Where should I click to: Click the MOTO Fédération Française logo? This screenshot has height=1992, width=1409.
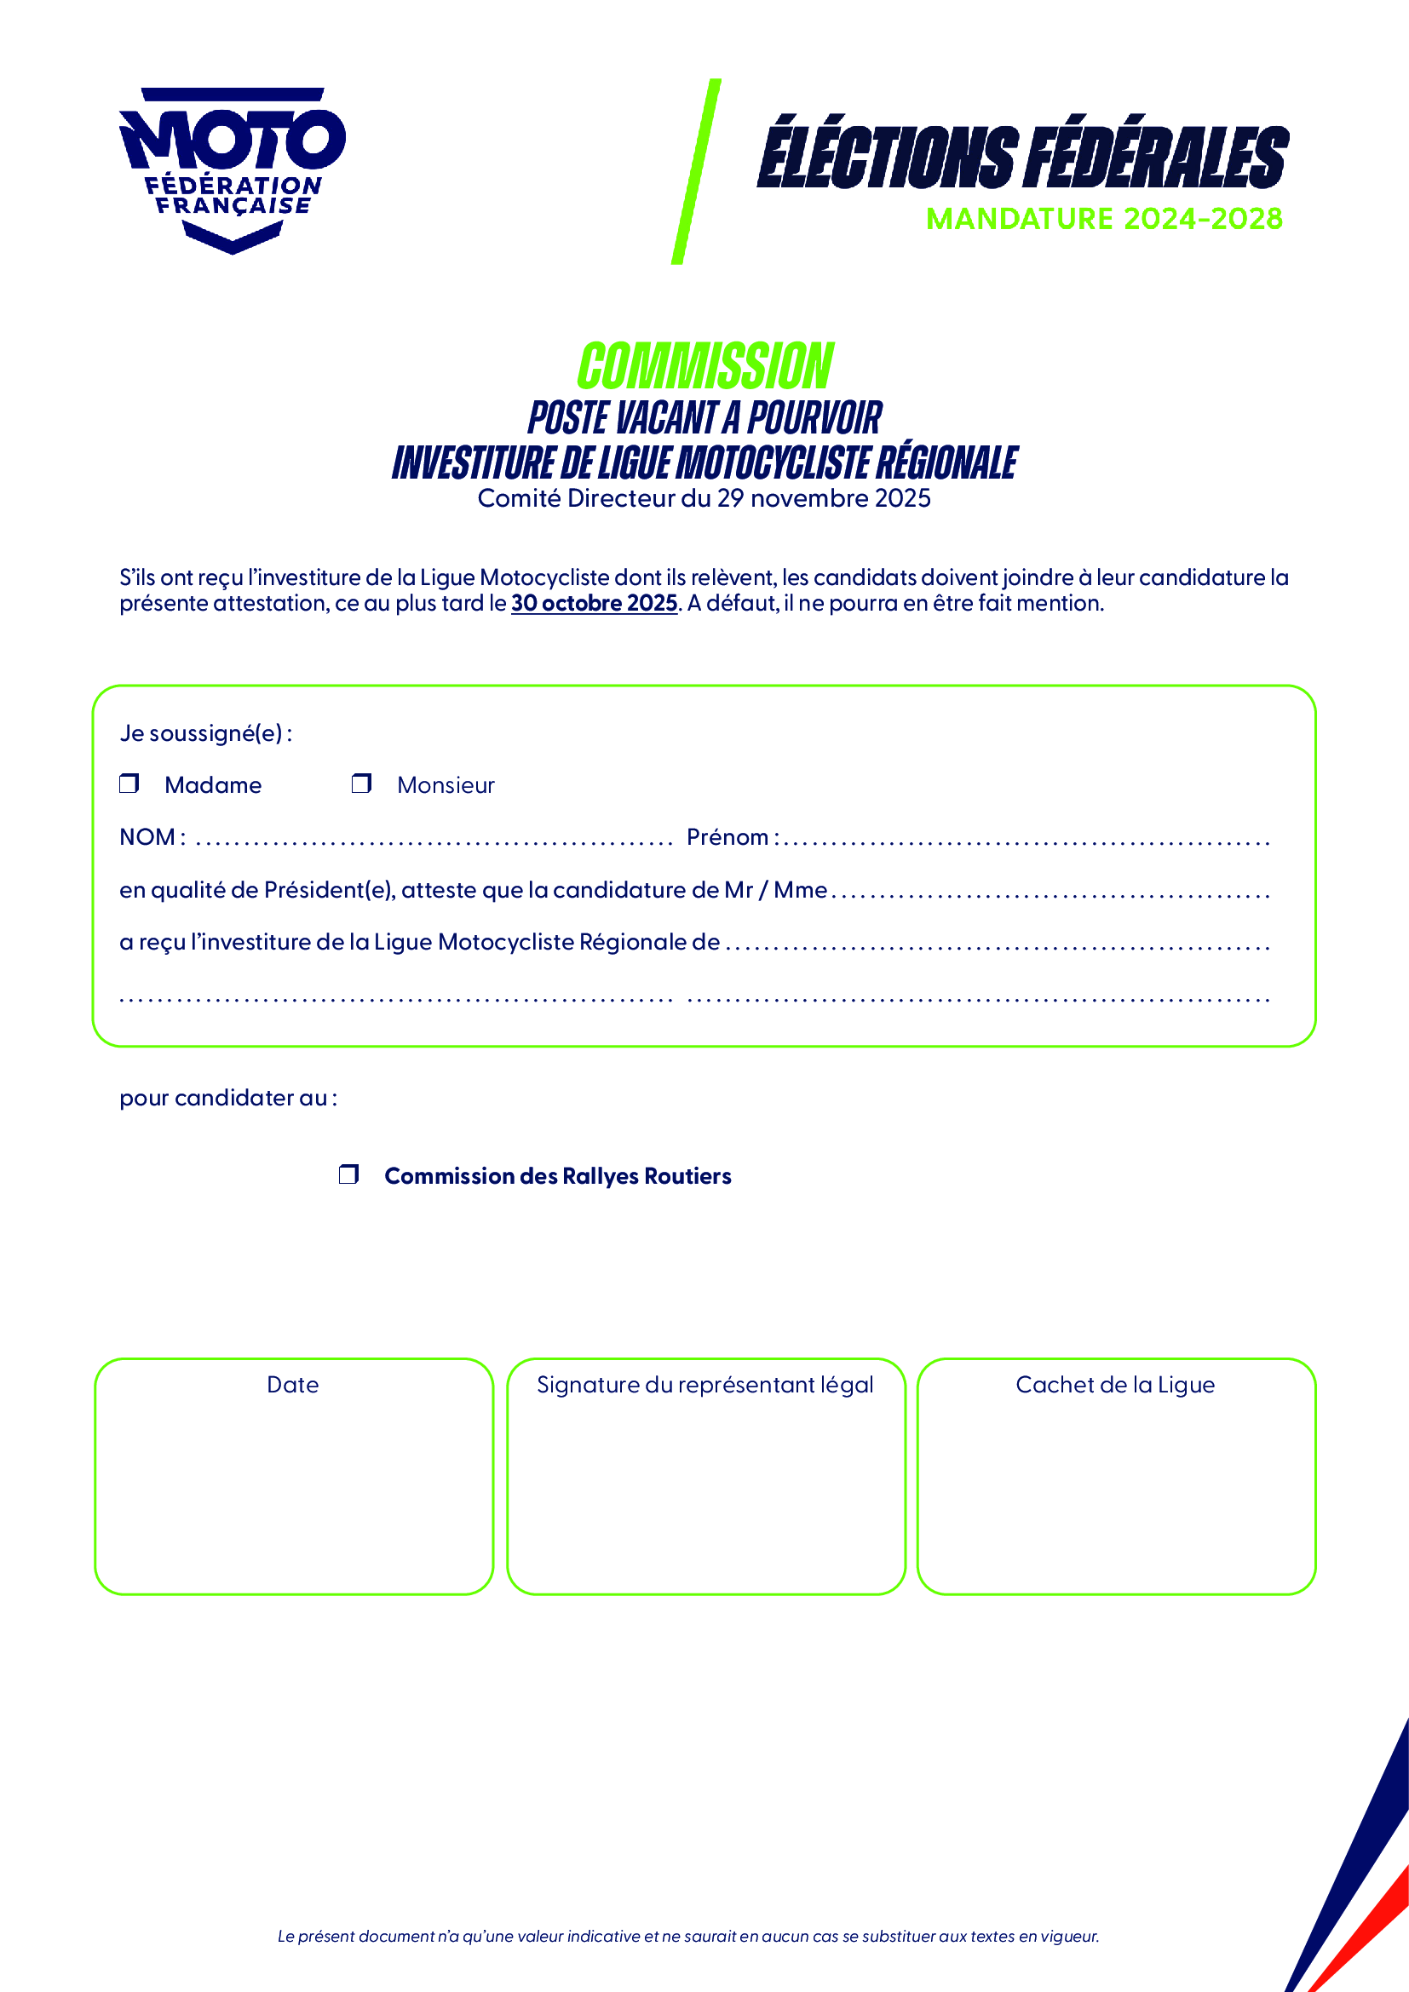pos(232,169)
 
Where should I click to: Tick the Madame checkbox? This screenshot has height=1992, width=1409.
pos(129,784)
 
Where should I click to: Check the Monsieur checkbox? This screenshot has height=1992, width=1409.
pos(361,784)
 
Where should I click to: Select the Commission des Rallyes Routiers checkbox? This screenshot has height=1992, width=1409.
pos(348,1174)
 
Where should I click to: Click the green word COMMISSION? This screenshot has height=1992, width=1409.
pos(704,366)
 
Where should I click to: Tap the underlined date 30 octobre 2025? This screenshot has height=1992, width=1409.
pos(594,603)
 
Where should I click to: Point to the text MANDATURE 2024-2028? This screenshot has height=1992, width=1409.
pos(1103,219)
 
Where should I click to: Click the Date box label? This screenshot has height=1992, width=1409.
pos(292,1385)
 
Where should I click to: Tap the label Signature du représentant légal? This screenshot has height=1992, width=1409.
pos(704,1385)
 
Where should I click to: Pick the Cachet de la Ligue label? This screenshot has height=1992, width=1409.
pos(1115,1385)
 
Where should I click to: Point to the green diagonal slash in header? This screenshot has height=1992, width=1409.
pos(696,172)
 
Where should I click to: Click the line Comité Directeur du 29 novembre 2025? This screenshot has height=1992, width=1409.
pos(704,499)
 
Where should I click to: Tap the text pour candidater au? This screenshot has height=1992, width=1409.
pos(227,1099)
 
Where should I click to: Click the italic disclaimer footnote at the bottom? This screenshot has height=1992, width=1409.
pos(688,1937)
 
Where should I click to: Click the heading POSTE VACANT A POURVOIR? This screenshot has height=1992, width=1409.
pos(704,418)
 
